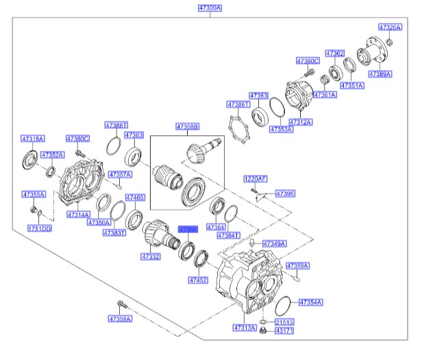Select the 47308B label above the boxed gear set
(187, 127)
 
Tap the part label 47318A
(32, 138)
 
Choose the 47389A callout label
(380, 73)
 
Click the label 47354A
(310, 302)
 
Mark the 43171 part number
(284, 331)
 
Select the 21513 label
(284, 321)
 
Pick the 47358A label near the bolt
(119, 319)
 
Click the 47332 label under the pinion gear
(151, 256)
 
